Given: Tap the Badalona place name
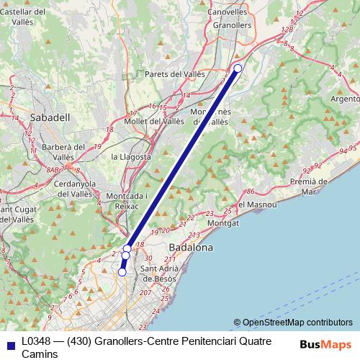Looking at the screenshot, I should (x=190, y=247).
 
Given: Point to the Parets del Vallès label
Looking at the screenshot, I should (x=175, y=73).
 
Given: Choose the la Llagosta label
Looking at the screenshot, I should (x=131, y=156).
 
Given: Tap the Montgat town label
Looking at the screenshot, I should (x=222, y=224).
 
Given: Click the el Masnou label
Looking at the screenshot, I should (x=256, y=204).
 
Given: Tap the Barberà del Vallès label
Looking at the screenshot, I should (x=63, y=152).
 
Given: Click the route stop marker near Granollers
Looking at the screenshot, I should (x=238, y=68).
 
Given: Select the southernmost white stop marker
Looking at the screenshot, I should (x=122, y=272).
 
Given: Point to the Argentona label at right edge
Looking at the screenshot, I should (x=345, y=98).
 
